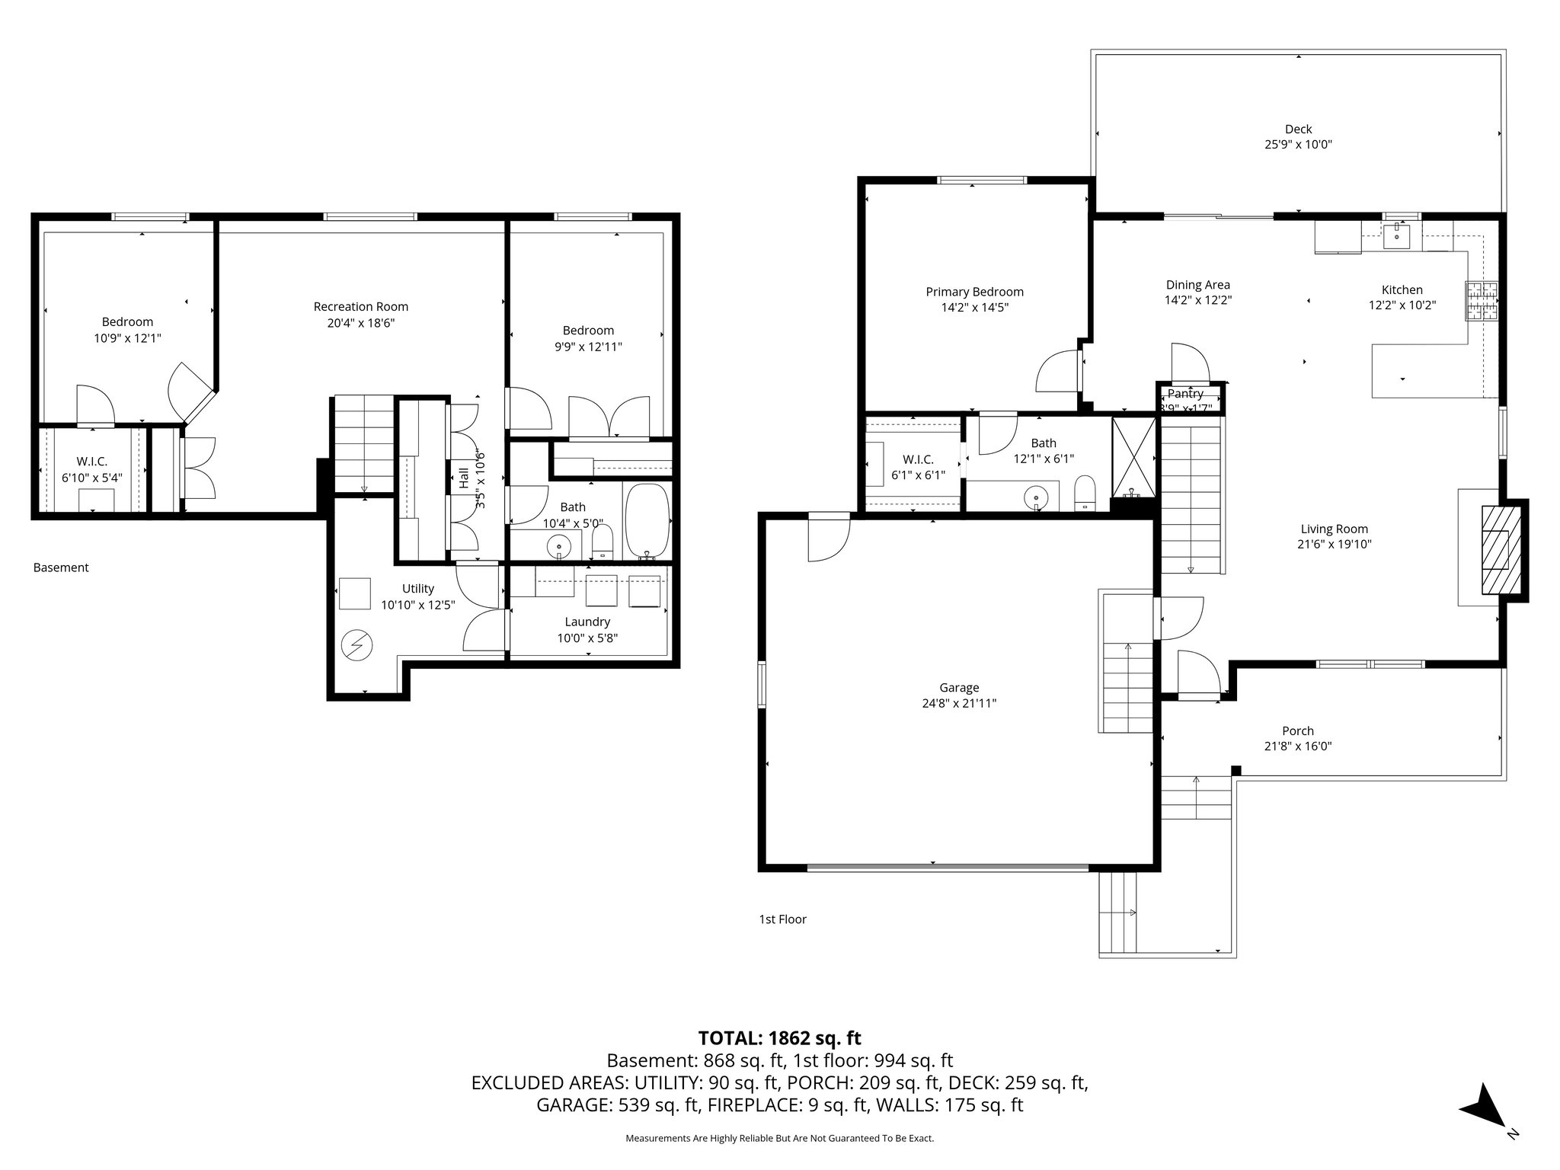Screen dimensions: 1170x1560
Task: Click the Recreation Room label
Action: pos(360,306)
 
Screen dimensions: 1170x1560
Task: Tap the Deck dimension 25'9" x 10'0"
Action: pos(1298,145)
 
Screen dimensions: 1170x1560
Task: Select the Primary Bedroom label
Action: pos(974,292)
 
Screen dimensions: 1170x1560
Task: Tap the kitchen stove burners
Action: pos(1481,301)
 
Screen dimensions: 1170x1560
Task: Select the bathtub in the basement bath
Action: pos(647,522)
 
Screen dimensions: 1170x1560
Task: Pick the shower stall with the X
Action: pos(1133,456)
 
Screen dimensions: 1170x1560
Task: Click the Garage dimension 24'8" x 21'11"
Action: pos(958,704)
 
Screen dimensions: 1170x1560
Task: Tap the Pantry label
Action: pos(1185,394)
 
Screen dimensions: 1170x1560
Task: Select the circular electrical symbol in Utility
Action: pos(356,646)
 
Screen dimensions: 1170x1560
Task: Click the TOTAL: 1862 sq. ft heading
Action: pos(779,1037)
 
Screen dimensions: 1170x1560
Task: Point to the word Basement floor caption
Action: pos(61,567)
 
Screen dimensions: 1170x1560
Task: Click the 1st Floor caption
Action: pos(782,919)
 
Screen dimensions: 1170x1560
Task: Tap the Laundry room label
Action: pos(587,622)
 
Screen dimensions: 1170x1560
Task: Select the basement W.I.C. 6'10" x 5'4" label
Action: pos(91,469)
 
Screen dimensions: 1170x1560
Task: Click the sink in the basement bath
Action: pos(560,545)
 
